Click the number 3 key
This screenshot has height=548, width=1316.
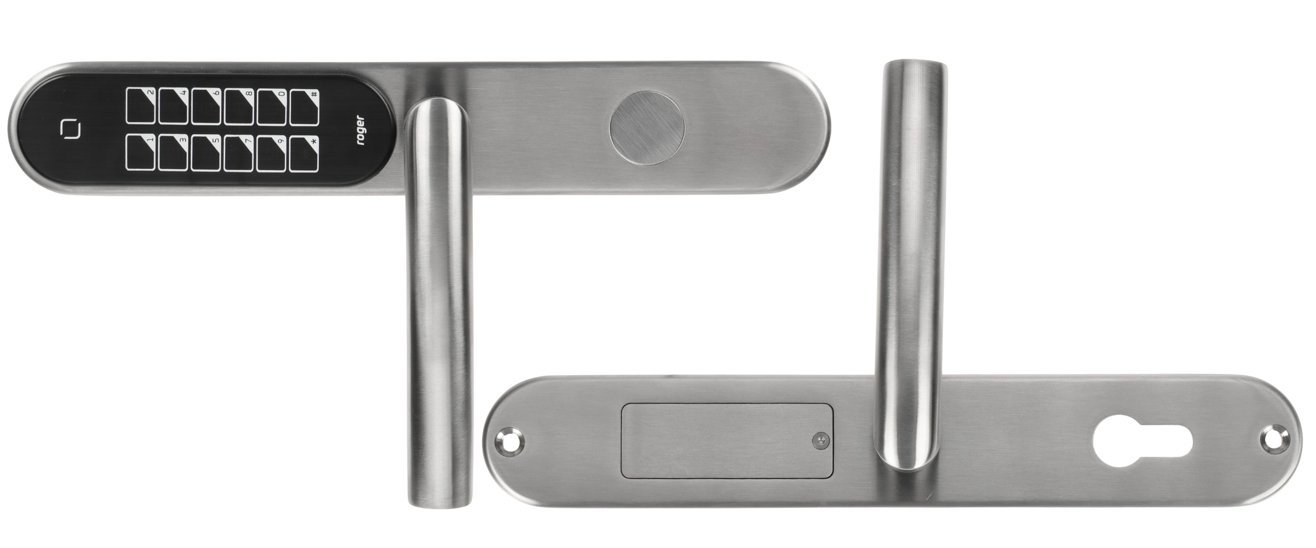point(174,153)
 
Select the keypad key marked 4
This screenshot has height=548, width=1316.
point(174,106)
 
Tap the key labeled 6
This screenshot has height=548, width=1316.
point(207,106)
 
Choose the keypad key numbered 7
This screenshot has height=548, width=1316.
point(239,153)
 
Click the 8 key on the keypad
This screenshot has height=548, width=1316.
point(239,106)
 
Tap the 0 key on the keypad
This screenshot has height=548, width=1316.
point(271,106)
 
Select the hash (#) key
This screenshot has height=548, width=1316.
point(304,106)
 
